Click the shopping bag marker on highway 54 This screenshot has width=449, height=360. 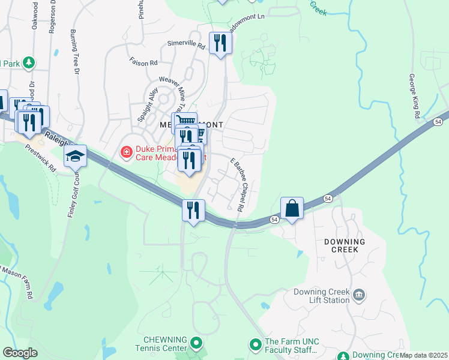click(x=292, y=209)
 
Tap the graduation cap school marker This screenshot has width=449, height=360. click(x=76, y=157)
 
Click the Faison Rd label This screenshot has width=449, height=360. click(x=143, y=61)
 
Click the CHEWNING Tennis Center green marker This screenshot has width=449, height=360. click(x=196, y=343)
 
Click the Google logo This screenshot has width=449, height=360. click(x=20, y=353)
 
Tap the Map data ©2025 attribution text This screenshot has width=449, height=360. click(x=423, y=355)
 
